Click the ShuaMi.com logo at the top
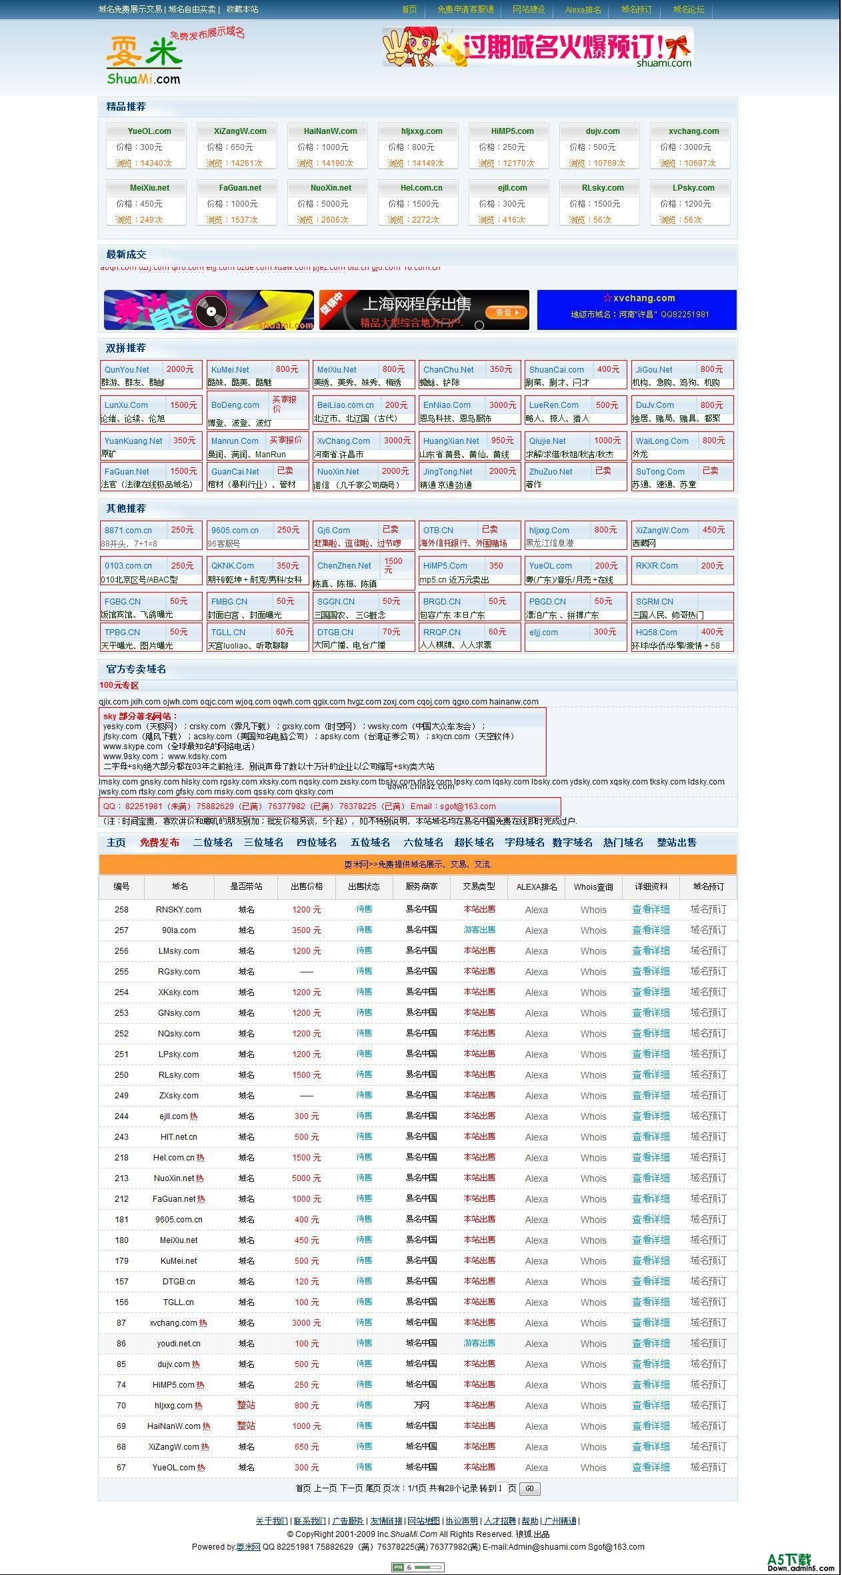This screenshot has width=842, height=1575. click(x=144, y=61)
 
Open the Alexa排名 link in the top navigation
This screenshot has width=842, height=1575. click(x=583, y=9)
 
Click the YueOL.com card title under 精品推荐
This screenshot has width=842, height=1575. click(x=149, y=131)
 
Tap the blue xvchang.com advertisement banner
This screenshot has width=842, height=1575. click(x=637, y=309)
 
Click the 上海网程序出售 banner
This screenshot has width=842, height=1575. click(x=424, y=309)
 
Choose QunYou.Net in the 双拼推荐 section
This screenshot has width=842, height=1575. click(x=127, y=369)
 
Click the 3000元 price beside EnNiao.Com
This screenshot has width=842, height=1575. click(x=502, y=405)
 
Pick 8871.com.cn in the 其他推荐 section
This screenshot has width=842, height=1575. click(x=128, y=530)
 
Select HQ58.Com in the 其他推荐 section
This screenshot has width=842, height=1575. click(x=656, y=632)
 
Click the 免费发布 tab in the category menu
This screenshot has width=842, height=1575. click(x=159, y=842)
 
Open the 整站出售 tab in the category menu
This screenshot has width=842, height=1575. click(x=677, y=842)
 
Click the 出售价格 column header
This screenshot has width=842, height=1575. click(x=307, y=886)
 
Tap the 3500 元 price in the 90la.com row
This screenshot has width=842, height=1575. click(x=306, y=930)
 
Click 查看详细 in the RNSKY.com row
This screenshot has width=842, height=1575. click(x=651, y=909)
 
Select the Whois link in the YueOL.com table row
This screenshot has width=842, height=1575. click(x=593, y=1467)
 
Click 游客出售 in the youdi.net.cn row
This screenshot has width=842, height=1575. click(x=479, y=1343)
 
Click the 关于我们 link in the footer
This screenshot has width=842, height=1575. click(x=271, y=1520)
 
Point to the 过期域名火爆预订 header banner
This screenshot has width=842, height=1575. click(x=537, y=47)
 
